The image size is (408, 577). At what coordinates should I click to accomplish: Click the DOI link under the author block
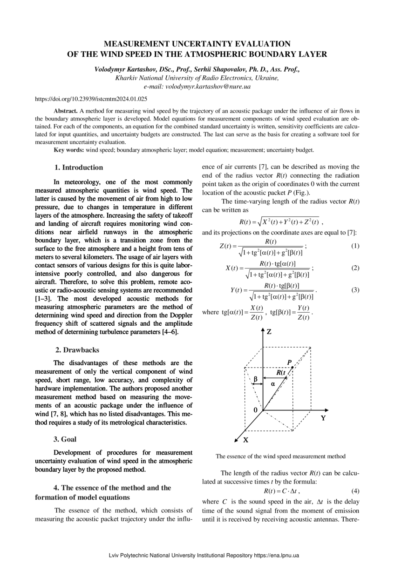click(x=91, y=99)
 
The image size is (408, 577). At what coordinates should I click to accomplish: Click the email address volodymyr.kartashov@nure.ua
click(x=208, y=87)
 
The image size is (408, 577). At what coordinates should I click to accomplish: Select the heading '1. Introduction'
click(x=79, y=168)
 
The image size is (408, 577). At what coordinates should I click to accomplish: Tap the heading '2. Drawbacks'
click(x=77, y=350)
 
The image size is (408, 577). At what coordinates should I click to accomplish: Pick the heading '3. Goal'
click(x=65, y=439)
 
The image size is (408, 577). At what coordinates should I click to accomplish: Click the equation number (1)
click(x=355, y=246)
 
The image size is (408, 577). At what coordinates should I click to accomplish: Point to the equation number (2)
click(x=355, y=268)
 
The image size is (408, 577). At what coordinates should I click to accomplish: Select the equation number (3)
click(x=355, y=290)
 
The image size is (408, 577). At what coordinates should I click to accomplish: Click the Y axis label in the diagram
click(x=323, y=418)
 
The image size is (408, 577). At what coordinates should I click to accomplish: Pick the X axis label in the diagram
click(x=245, y=440)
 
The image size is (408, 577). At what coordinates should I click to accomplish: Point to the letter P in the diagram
click(x=289, y=362)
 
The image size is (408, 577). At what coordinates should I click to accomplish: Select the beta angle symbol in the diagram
click(x=255, y=379)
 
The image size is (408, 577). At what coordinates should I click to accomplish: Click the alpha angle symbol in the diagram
click(x=273, y=383)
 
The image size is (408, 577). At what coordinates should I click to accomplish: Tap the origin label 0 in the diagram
click(x=255, y=410)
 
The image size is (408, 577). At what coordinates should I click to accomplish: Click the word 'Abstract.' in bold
click(x=66, y=111)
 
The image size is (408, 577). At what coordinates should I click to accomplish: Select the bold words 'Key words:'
click(x=69, y=150)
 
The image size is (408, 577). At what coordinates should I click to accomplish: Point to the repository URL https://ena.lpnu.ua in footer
click(x=276, y=556)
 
